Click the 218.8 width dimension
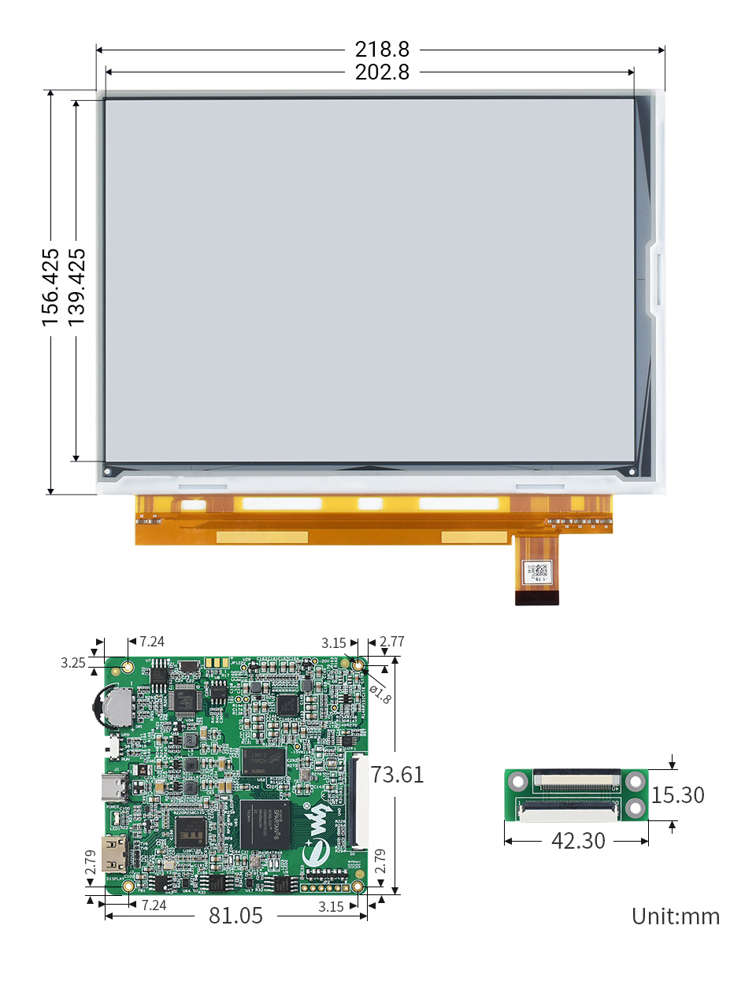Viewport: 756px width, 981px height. coord(382,50)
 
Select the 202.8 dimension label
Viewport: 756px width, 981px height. coord(382,72)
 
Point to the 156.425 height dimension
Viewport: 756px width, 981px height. coord(50,287)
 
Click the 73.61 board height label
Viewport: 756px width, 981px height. coord(397,775)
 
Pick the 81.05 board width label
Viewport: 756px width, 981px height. coord(235,916)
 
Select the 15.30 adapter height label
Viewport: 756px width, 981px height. coord(677,795)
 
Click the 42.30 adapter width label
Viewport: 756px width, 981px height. coord(578,841)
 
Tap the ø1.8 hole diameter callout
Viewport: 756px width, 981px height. coord(380,694)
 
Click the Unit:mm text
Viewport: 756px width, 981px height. coord(676,916)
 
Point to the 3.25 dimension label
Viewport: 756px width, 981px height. coord(72,663)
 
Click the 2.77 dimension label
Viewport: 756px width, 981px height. coord(391,642)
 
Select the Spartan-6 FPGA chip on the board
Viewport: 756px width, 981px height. coord(265,824)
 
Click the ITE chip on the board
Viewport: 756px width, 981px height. coord(191,831)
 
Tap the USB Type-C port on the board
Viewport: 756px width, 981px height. coord(115,786)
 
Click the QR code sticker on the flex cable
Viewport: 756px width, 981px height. coord(537,571)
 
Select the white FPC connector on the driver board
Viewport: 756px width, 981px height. coord(357,801)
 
